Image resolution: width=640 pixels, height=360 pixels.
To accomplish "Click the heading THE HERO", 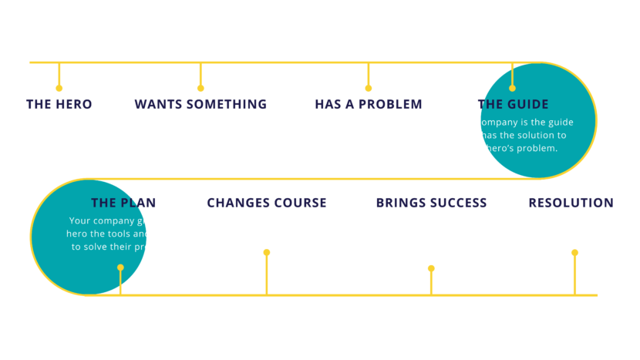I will coord(59,104).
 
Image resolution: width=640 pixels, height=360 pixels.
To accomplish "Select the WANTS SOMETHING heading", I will coord(200,104).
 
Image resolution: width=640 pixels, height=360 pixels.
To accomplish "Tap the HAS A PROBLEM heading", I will coord(369,104).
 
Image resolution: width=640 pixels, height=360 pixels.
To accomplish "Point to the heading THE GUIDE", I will coord(513,104).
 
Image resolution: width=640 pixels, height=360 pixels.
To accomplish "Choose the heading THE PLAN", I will coord(123,203).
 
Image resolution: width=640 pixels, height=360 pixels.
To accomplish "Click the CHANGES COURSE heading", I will coord(266,203).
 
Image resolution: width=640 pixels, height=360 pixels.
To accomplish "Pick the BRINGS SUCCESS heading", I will coord(431,203).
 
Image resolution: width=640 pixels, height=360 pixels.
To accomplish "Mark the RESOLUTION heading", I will coord(571,203).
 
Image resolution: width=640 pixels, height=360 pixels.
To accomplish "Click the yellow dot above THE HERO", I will coord(59,88).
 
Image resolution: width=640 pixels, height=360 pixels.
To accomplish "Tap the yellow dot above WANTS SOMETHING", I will coord(200,88).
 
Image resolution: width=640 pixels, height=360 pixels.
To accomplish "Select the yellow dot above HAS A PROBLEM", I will coord(369,88).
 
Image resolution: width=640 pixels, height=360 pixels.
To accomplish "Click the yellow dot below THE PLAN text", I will coord(120,267).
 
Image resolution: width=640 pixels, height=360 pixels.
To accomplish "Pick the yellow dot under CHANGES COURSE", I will coord(267,252).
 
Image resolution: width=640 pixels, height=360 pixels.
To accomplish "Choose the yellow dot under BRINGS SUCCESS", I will coord(431,268).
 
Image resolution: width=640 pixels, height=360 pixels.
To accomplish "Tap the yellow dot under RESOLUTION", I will coord(574,252).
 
